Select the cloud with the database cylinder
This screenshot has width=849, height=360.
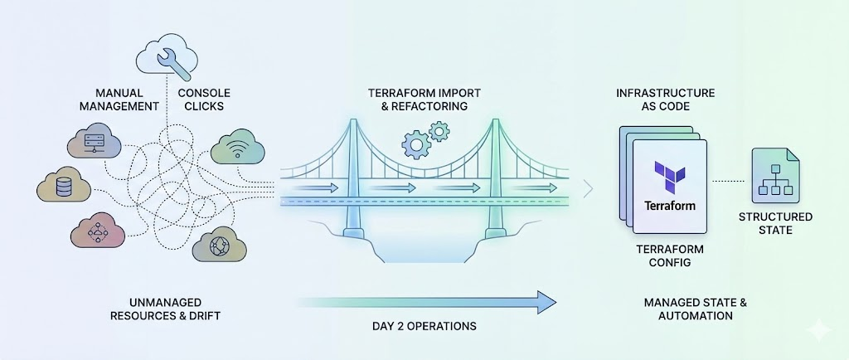click(63, 187)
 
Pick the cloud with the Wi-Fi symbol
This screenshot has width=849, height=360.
click(238, 150)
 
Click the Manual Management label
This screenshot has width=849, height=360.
click(126, 100)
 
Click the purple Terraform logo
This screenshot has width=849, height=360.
click(669, 175)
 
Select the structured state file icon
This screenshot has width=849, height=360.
click(774, 176)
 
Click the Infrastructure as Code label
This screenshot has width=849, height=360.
click(665, 100)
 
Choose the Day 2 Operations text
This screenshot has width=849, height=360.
click(424, 325)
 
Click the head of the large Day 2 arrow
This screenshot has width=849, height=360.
click(544, 302)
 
